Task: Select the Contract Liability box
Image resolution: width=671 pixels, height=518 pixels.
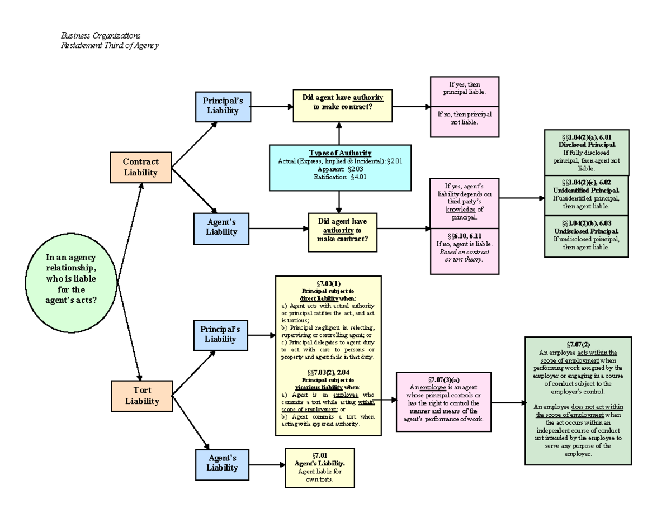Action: [140, 167]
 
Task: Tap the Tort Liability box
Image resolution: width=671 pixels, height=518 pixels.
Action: [141, 395]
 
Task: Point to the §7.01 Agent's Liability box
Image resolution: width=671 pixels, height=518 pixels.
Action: [319, 468]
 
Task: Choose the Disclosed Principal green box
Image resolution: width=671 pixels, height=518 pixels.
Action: [586, 151]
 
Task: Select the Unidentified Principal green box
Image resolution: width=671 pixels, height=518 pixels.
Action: [586, 194]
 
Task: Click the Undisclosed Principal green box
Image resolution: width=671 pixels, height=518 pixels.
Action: [586, 236]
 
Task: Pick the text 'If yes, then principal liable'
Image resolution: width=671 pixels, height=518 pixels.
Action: [464, 88]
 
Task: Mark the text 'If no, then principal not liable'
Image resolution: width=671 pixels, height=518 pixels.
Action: [464, 118]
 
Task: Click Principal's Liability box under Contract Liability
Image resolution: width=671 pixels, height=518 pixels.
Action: [223, 106]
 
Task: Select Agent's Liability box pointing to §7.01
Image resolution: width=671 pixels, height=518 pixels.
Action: [222, 463]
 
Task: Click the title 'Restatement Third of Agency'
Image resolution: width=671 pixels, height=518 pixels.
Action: [110, 46]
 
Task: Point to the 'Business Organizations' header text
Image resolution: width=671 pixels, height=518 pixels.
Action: [101, 36]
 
